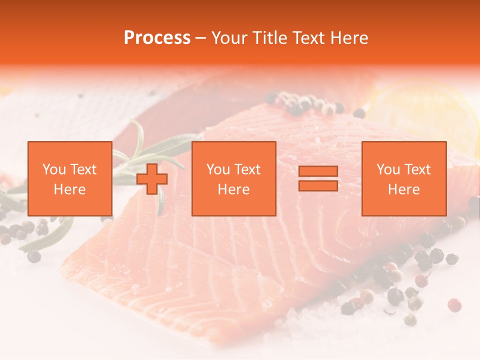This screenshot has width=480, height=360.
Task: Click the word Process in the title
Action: pyautogui.click(x=157, y=38)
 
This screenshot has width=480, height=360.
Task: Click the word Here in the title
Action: pyautogui.click(x=350, y=38)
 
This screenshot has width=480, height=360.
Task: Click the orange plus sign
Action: pyautogui.click(x=152, y=179)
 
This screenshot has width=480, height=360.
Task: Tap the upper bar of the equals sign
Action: pyautogui.click(x=318, y=171)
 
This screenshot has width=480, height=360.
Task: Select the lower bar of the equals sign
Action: pyautogui.click(x=318, y=185)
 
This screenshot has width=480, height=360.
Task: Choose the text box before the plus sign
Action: pyautogui.click(x=69, y=178)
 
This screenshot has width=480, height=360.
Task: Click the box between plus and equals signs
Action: pyautogui.click(x=233, y=178)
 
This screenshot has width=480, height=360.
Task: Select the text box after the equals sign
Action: pyautogui.click(x=403, y=178)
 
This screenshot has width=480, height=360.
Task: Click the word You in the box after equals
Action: pyautogui.click(x=388, y=169)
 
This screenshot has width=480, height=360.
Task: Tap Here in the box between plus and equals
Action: pyautogui.click(x=233, y=189)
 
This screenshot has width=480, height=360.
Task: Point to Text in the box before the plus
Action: pyautogui.click(x=82, y=169)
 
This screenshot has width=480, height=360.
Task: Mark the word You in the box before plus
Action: pyautogui.click(x=53, y=169)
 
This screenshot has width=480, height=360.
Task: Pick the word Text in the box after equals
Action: pyautogui.click(x=417, y=169)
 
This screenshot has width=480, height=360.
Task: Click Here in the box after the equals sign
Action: pyautogui.click(x=403, y=189)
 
